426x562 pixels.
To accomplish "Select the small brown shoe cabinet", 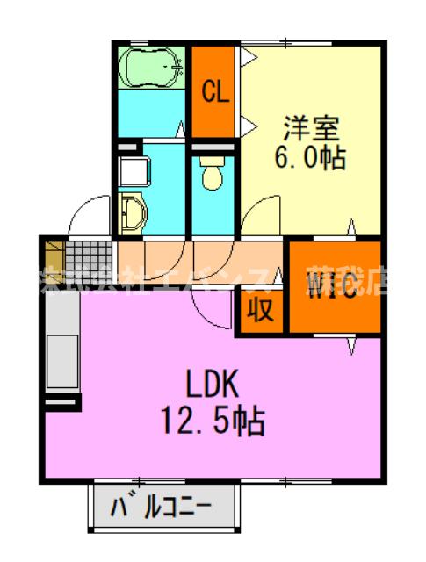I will coord(54,256).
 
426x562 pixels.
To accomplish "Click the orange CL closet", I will coord(213,90).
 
